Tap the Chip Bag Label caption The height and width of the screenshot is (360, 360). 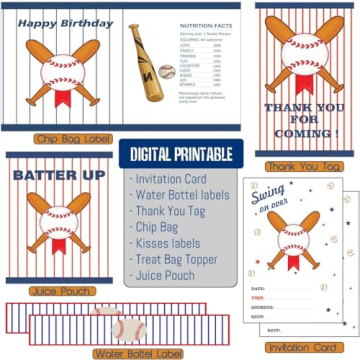tap(61, 138)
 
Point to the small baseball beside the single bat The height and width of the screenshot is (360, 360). tap(166, 73)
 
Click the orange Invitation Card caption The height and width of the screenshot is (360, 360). tap(302, 347)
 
